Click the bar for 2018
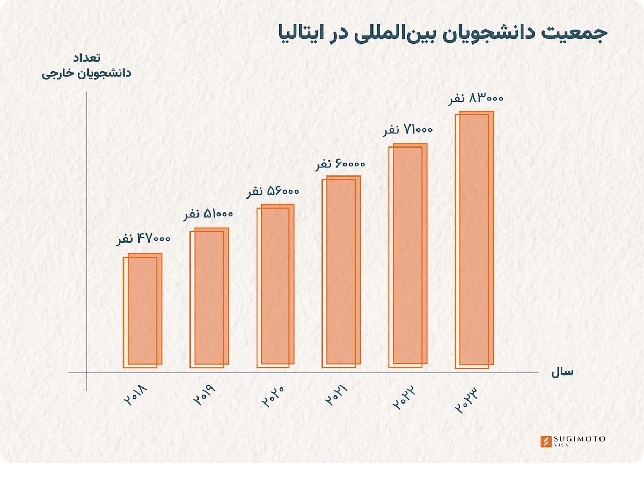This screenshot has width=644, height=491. pyautogui.click(x=142, y=311)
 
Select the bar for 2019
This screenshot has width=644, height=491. pyautogui.click(x=209, y=298)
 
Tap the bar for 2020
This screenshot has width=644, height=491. pyautogui.click(x=275, y=286)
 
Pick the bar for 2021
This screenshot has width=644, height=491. pyautogui.click(x=341, y=272)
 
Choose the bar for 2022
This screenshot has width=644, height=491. pyautogui.click(x=408, y=255)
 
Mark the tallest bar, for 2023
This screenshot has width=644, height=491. pyautogui.click(x=474, y=239)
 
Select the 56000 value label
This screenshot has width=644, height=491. pyautogui.click(x=273, y=192)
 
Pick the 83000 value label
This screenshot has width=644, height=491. pyautogui.click(x=475, y=99)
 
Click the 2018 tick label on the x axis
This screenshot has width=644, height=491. pyautogui.click(x=136, y=395)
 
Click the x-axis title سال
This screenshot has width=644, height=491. pyautogui.click(x=562, y=372)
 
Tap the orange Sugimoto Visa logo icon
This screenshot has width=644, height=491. pyautogui.click(x=546, y=442)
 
